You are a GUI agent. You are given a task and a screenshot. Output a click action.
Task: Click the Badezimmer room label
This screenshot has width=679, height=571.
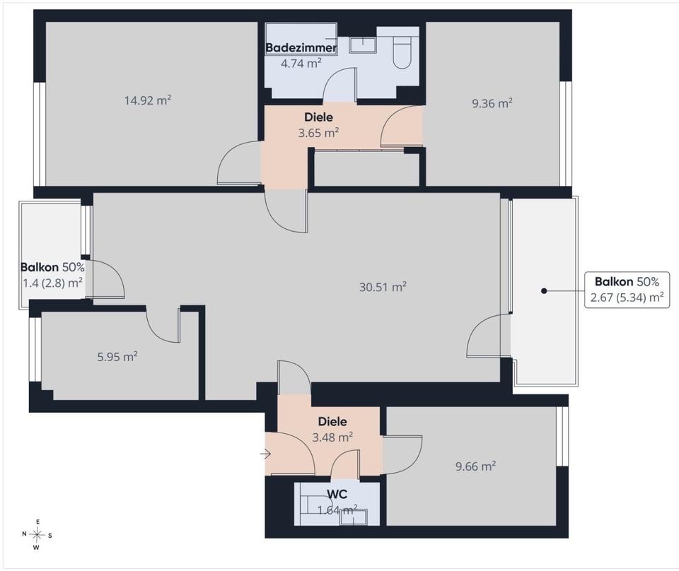coord(301,47)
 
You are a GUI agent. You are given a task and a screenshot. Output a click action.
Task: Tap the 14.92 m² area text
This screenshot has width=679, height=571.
coord(148,100)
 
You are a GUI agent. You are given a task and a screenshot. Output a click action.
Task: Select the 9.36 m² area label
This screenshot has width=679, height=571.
coord(492,103)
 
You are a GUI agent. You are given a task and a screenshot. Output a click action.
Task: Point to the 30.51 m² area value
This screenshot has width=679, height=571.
coord(383,287)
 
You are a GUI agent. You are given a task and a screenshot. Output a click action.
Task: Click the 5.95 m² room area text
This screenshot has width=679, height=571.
coord(117,357)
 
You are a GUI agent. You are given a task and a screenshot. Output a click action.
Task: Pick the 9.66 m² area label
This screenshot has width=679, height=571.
coord(475,466)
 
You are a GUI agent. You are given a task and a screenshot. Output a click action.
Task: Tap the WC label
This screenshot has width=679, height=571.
coord(337,494)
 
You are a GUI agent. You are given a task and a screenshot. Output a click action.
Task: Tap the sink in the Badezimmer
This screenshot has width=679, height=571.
coord(363,45)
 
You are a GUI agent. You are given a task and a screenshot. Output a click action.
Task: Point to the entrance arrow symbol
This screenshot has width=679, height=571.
coord(265,454)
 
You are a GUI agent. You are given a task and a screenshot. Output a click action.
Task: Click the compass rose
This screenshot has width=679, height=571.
coord(37,535)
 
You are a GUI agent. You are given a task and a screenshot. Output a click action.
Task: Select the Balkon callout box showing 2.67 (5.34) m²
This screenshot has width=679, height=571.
coord(627,290)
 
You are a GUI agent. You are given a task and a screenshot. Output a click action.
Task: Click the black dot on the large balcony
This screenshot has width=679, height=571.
coord(544,290)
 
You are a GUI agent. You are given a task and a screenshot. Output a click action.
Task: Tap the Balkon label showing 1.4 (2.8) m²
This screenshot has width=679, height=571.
coord(52,275)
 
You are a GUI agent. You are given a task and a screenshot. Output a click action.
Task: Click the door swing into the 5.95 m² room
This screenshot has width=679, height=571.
coord(163,324)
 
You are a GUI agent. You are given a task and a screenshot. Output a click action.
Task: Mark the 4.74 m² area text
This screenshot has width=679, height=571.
coord(301,64)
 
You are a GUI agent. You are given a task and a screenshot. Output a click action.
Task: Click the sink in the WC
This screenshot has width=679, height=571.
coord(354,517)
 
